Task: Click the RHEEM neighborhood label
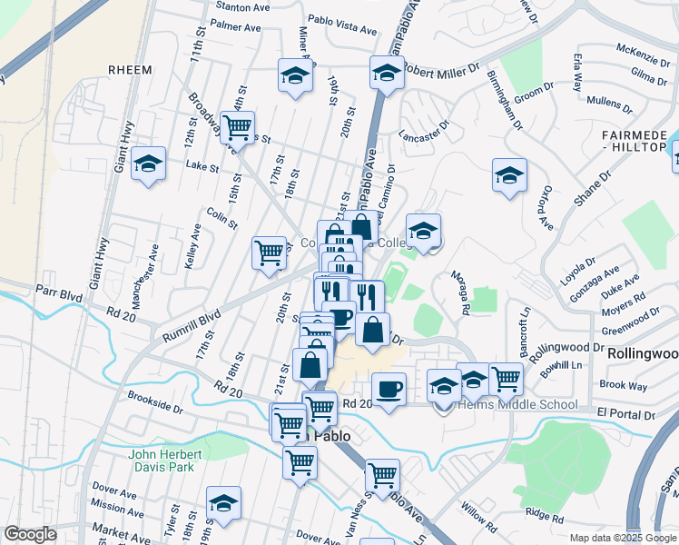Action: pos(129,71)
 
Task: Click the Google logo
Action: pos(30,534)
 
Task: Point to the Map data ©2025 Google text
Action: pos(622,538)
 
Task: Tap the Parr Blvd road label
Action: pos(59,294)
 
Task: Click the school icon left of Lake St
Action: pos(148,164)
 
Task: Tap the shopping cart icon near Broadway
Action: pos(237,128)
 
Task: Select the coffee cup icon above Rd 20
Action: pos(389,388)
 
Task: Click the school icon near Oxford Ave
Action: pos(509,174)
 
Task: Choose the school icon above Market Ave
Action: pos(223,502)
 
